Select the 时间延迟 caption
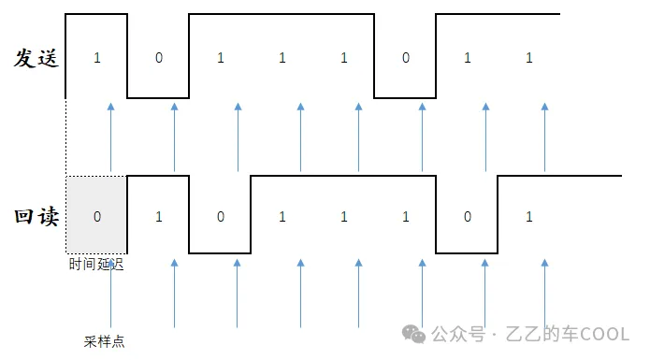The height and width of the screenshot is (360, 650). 95,265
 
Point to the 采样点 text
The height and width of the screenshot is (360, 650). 104,341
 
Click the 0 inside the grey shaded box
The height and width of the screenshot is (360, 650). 97,217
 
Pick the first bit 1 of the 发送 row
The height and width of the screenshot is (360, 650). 97,58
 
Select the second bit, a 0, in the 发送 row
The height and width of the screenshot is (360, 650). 159,58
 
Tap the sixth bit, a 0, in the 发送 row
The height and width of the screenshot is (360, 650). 406,58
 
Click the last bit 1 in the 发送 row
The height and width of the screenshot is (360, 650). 529,58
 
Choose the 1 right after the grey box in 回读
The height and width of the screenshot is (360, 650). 159,217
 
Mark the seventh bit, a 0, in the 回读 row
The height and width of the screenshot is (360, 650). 468,217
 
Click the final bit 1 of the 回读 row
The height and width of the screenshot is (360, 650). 529,217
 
